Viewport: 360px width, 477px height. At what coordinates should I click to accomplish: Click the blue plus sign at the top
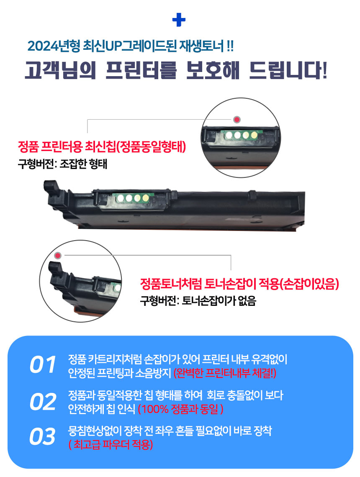pos(179,20)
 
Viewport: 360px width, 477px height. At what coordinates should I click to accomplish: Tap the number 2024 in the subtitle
pos(43,46)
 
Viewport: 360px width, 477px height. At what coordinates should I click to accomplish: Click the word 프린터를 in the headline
pos(141,70)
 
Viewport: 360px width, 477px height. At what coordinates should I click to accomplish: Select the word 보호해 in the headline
pos(213,70)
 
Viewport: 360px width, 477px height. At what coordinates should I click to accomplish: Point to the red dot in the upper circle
pos(237,120)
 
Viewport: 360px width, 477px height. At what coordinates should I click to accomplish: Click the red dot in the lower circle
pos(58,256)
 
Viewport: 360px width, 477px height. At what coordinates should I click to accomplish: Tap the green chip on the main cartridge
pos(132,199)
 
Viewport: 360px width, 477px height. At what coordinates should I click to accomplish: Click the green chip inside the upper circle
pos(241,135)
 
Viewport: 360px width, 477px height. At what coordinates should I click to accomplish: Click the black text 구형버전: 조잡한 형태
pos(62,164)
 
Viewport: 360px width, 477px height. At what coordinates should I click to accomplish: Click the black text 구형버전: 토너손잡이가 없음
pos(198,301)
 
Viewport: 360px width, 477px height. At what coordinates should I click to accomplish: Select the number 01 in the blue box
pos(43,364)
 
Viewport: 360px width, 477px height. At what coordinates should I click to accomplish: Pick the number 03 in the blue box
pos(43,436)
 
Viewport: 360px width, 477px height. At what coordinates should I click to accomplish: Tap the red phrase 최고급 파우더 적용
pos(111,444)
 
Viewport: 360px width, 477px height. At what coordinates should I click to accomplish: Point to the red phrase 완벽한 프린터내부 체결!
pos(225,373)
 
